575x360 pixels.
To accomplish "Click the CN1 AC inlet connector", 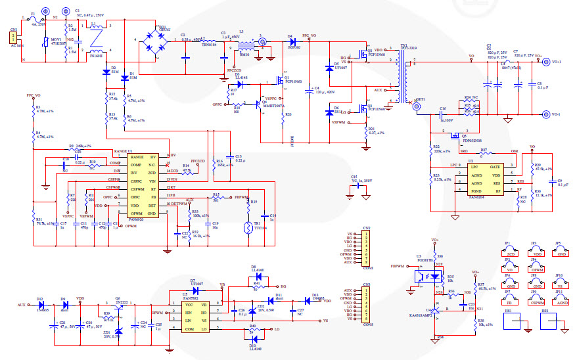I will [x=14, y=39].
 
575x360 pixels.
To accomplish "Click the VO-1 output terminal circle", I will [x=545, y=115].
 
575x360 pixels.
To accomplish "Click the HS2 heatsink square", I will [x=546, y=322].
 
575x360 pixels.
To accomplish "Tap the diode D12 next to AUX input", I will [x=41, y=305].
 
